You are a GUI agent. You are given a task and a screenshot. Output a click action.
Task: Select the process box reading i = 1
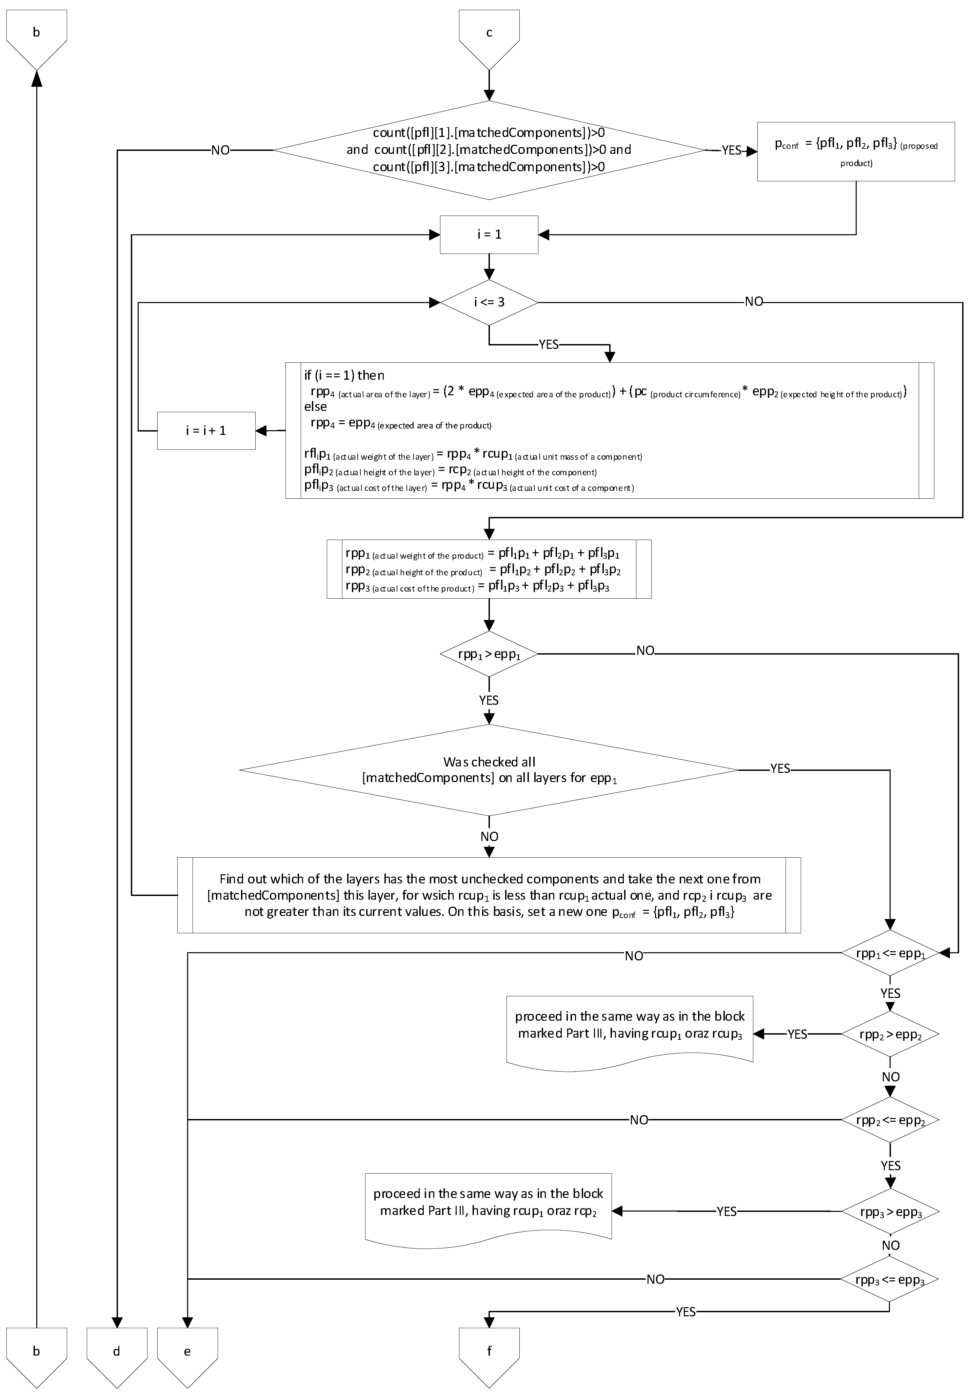(489, 235)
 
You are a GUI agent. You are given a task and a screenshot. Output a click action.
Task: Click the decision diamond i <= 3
(489, 302)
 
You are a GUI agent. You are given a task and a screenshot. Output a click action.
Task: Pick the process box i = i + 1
(206, 431)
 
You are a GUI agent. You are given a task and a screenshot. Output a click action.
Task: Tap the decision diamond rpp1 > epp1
(489, 654)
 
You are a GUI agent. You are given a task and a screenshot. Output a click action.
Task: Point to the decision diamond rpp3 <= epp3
(890, 1279)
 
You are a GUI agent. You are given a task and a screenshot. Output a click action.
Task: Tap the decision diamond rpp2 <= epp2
(890, 1120)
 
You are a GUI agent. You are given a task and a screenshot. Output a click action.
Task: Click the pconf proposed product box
(855, 152)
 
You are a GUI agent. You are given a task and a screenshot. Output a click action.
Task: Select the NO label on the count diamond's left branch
(220, 151)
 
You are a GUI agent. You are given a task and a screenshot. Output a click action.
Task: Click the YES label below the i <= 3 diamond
(549, 345)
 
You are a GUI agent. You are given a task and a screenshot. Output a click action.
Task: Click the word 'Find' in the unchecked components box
(231, 879)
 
